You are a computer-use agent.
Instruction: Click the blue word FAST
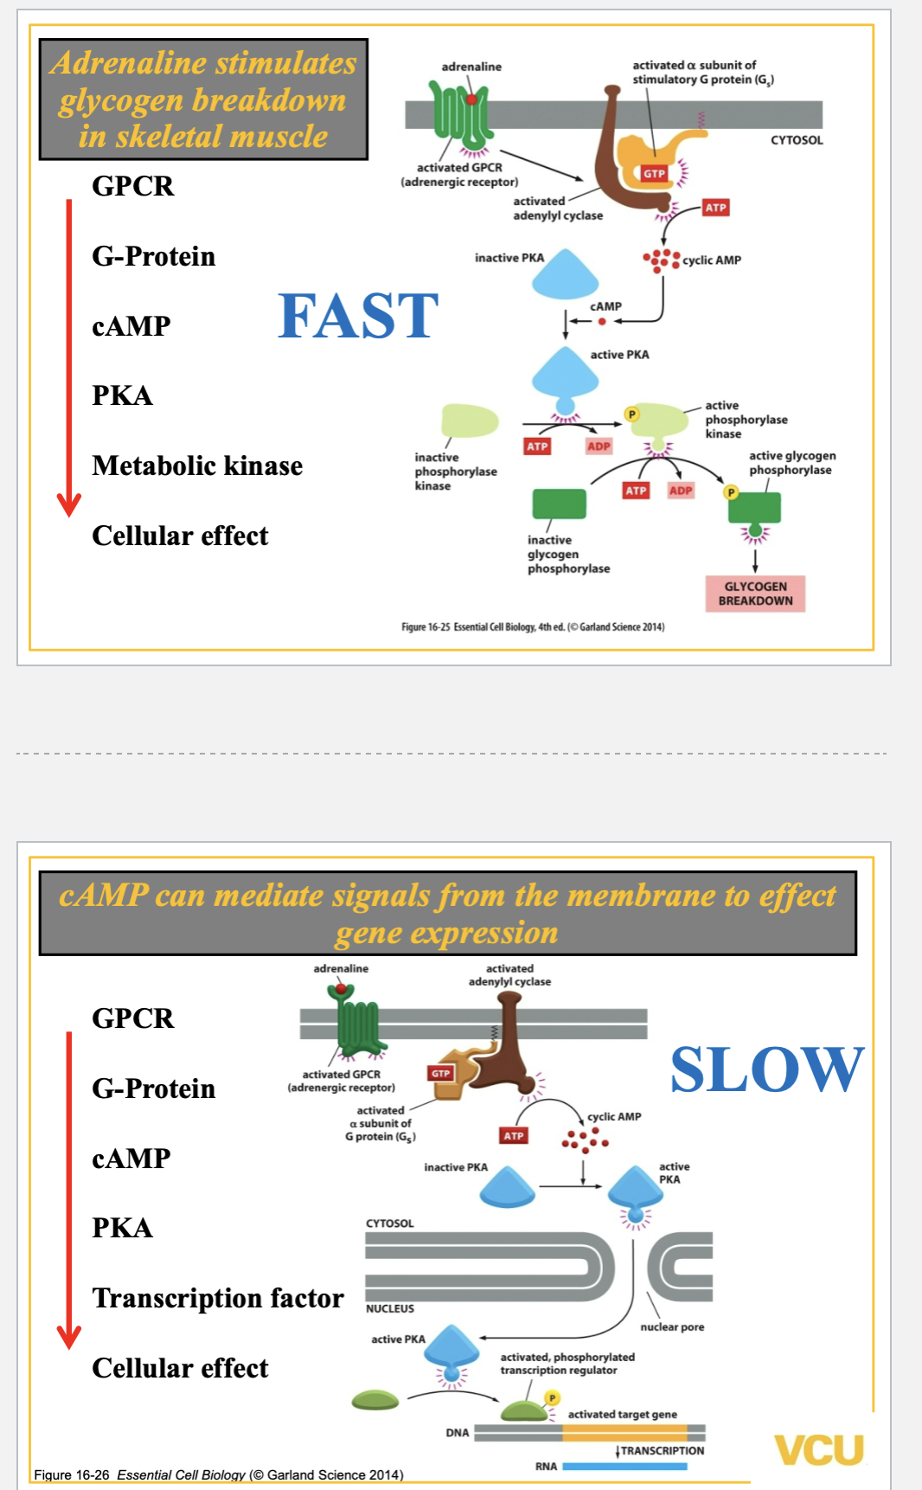(x=358, y=316)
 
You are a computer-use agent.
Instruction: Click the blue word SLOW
(x=766, y=1069)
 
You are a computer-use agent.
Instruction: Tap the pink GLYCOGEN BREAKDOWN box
(x=755, y=594)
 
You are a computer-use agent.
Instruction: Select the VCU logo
(x=818, y=1449)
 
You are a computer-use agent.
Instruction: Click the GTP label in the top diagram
(x=654, y=174)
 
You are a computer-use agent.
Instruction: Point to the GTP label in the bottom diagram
(x=441, y=1073)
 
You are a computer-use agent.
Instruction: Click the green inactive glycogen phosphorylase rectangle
(x=559, y=504)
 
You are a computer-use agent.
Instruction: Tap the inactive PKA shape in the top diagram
(x=565, y=273)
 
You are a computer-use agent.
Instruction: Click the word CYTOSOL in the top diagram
(x=797, y=140)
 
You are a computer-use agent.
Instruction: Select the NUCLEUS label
(x=389, y=1308)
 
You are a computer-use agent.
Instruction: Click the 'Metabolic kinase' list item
(x=197, y=466)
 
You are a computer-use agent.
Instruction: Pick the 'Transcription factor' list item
(x=218, y=1298)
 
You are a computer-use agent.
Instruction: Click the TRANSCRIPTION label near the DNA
(x=662, y=1450)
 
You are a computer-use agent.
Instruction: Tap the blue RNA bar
(x=624, y=1467)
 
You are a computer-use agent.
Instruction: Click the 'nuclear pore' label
(x=672, y=1326)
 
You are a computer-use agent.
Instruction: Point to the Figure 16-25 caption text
(x=533, y=626)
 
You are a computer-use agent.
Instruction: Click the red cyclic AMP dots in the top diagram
(x=661, y=259)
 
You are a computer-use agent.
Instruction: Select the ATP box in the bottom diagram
(x=514, y=1135)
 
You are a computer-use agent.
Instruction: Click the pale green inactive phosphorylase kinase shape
(x=470, y=421)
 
